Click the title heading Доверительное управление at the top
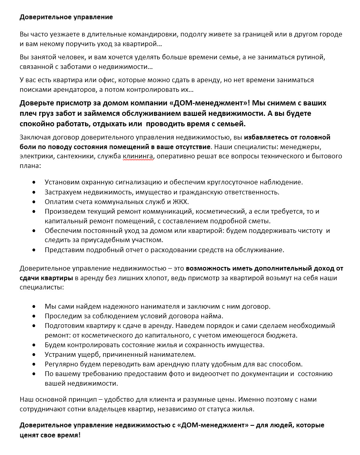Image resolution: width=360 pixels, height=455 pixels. click(x=66, y=17)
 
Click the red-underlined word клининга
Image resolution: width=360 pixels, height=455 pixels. click(x=138, y=156)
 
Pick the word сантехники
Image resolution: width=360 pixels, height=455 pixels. click(x=74, y=156)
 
